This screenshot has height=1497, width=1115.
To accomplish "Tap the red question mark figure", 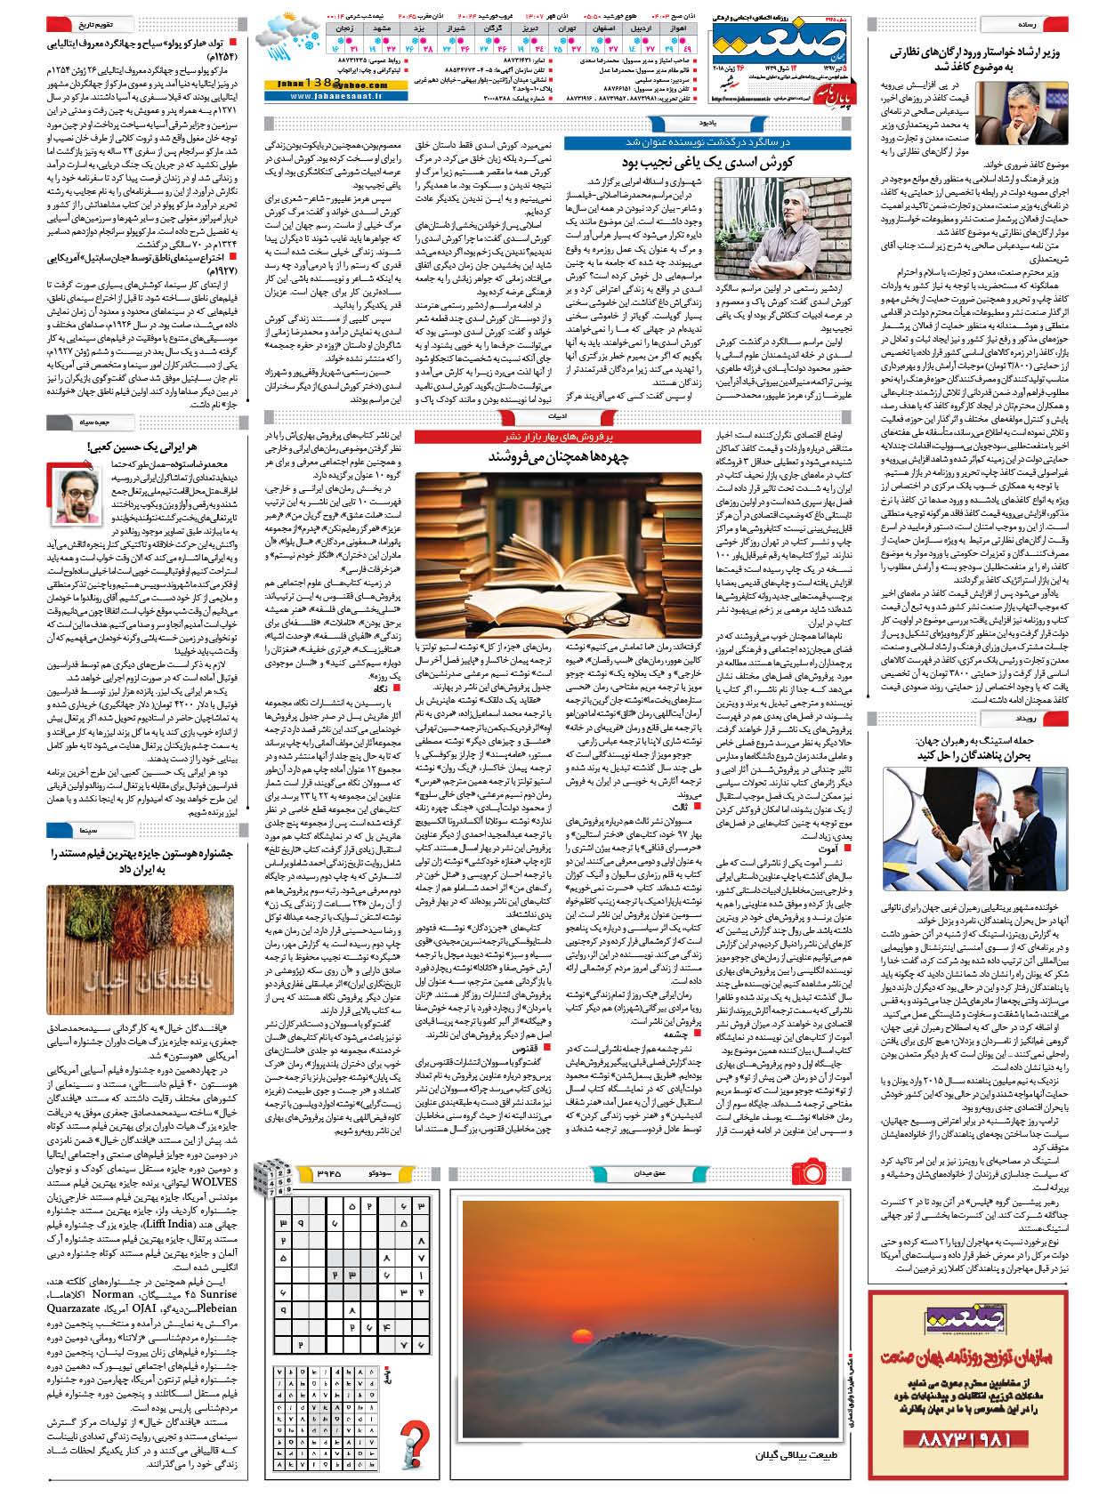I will click(x=414, y=1442).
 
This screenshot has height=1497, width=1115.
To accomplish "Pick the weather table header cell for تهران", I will click(x=567, y=28).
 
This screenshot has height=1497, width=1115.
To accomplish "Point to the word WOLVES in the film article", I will click(x=214, y=1182).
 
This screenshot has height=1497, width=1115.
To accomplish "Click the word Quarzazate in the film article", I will click(x=74, y=1308).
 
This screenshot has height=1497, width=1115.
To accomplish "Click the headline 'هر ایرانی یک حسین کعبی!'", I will click(x=142, y=446).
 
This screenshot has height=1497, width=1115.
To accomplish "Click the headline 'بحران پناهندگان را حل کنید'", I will click(x=974, y=755).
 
